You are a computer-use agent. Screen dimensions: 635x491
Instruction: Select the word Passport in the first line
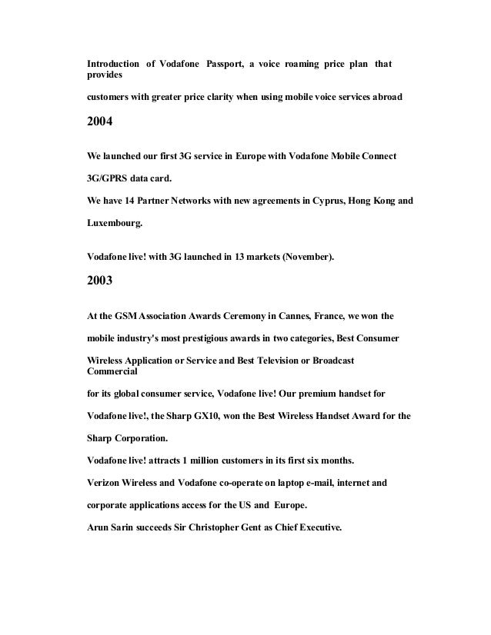[x=223, y=62]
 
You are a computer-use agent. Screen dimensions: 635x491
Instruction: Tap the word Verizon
[x=105, y=484]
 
